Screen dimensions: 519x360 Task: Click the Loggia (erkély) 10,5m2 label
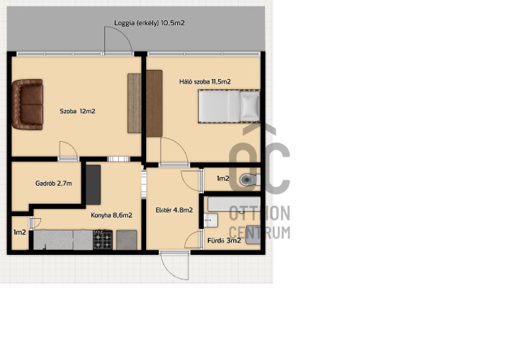(x=149, y=23)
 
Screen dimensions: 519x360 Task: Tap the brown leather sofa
(x=27, y=104)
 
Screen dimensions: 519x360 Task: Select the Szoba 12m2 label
(x=78, y=112)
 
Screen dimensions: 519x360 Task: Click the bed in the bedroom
(x=229, y=106)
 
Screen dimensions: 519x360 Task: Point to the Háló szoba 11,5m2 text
(x=205, y=81)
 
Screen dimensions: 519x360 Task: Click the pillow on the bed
(x=250, y=106)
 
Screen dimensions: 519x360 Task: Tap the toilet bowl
(x=249, y=180)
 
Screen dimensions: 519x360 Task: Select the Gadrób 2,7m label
(x=53, y=183)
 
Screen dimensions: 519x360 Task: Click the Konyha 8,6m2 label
(x=112, y=215)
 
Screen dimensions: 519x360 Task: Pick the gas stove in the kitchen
(x=103, y=240)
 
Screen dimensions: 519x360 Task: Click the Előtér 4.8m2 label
(x=174, y=210)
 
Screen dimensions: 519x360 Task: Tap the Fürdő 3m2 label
(x=224, y=240)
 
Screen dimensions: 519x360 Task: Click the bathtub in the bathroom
(x=234, y=204)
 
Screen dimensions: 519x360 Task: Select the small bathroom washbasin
(x=210, y=220)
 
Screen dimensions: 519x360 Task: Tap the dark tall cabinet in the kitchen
(x=94, y=185)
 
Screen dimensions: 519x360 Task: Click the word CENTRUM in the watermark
(x=259, y=233)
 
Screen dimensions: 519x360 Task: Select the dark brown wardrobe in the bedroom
(x=154, y=104)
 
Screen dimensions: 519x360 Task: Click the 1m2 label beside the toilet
(x=222, y=179)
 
